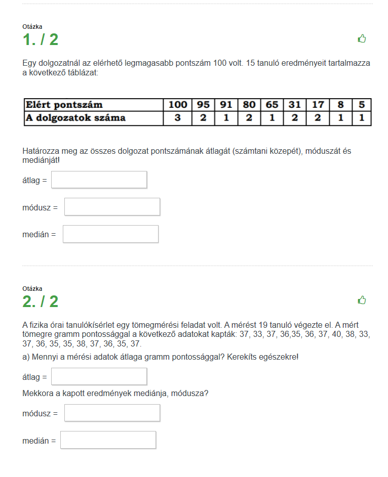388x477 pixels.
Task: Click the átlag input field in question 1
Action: [99, 180]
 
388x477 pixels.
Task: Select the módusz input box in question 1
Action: [112, 207]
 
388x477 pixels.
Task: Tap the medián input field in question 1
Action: [110, 234]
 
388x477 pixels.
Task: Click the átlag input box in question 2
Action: [99, 376]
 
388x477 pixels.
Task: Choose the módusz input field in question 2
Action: [112, 413]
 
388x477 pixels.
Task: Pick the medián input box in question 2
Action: [108, 440]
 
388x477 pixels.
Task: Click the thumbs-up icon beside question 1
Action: [362, 38]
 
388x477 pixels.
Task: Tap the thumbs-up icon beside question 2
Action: [362, 300]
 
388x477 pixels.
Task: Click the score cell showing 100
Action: [178, 105]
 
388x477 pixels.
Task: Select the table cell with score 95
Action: [203, 105]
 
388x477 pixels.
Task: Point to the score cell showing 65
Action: [272, 105]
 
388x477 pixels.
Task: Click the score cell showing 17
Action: [318, 105]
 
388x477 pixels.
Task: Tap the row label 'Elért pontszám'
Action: [64, 105]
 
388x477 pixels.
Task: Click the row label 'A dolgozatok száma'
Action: [75, 118]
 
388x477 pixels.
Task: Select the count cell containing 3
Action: [178, 118]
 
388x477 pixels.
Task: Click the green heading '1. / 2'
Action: [41, 39]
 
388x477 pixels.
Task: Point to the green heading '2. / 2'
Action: [41, 301]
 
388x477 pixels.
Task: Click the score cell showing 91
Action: [226, 105]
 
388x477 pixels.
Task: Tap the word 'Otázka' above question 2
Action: [32, 289]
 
